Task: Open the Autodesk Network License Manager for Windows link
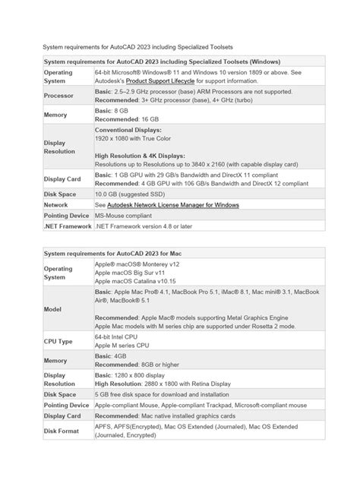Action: click(x=173, y=204)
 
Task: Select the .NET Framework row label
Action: click(x=67, y=226)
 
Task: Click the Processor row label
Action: click(x=58, y=96)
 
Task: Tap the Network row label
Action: click(x=56, y=204)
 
